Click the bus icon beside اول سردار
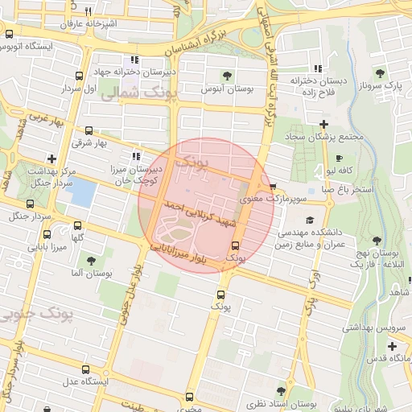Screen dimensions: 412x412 coord(78,78)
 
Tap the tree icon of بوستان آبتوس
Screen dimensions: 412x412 coord(227,76)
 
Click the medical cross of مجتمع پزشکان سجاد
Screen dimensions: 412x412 coord(323,124)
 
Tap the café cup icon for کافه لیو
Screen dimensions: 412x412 coord(340,158)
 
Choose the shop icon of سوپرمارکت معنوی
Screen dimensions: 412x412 coord(274,184)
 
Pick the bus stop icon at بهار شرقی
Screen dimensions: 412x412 coord(89,130)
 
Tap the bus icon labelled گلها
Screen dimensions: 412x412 coord(77,226)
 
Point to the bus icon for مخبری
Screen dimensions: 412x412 coord(189,396)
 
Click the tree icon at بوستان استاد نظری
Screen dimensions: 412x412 coord(281,392)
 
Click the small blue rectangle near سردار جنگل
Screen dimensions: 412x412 coord(84,192)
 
